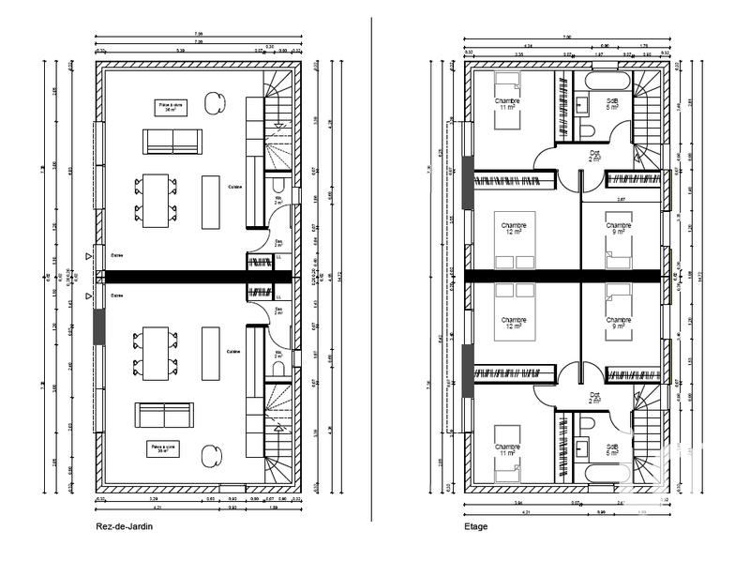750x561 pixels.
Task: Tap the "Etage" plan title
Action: coord(475,527)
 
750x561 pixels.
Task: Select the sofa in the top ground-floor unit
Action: coord(172,142)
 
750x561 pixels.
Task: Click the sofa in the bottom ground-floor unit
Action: coord(164,414)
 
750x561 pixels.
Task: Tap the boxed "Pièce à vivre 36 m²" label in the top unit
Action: coord(171,107)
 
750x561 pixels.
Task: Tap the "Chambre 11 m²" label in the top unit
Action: coord(507,104)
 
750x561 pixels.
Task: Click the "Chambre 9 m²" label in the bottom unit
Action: coord(618,323)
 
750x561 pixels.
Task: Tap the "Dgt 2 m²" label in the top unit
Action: coord(594,156)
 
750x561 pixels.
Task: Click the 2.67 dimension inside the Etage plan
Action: coord(621,200)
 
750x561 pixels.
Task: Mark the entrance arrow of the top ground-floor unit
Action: coord(89,254)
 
